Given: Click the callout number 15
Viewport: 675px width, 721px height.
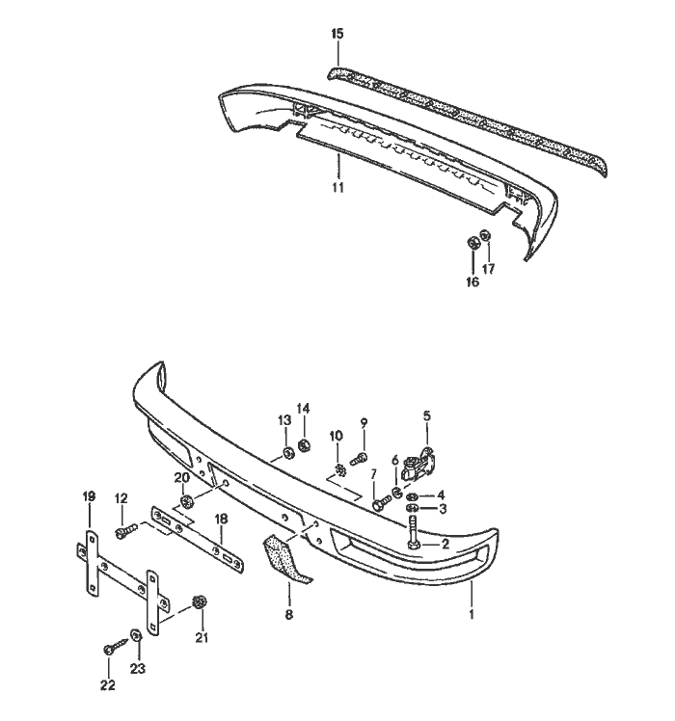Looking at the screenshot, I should coord(337,34).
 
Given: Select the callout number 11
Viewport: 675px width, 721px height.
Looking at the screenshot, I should coord(338,187).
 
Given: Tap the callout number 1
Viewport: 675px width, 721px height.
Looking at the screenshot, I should coord(472,612).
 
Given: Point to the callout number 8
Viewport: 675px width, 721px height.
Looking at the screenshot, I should coord(287,613).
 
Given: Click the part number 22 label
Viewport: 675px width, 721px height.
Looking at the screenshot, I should coord(108,685).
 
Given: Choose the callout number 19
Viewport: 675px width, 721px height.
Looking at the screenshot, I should coord(90,495).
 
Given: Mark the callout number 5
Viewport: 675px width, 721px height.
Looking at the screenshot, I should coord(427,416).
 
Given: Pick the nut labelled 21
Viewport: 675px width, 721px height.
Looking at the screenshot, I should coord(198,602).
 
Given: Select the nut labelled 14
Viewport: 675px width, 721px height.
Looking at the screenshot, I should coord(303,444).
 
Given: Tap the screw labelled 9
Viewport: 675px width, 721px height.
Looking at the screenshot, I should coord(361,456).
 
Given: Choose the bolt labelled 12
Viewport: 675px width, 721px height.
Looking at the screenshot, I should coord(124,530).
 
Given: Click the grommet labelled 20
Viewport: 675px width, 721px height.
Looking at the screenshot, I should coord(186,501).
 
